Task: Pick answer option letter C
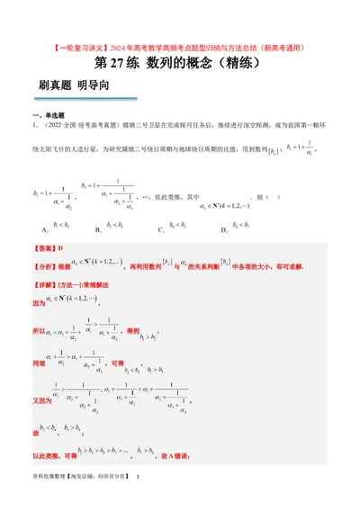pyautogui.click(x=160, y=230)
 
